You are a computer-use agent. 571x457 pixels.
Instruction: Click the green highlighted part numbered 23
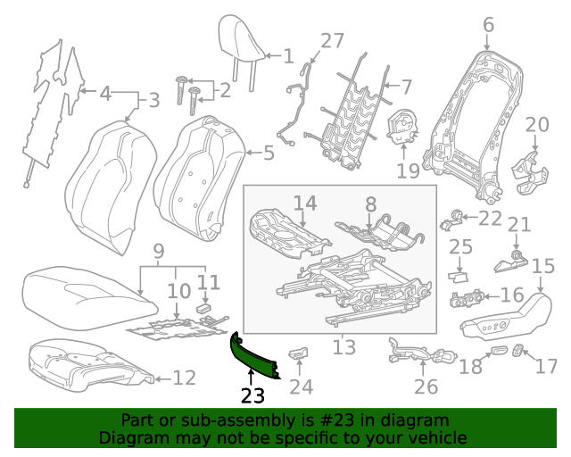click(x=253, y=357)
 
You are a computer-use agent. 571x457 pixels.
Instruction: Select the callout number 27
click(x=332, y=40)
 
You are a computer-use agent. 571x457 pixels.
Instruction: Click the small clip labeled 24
click(x=298, y=354)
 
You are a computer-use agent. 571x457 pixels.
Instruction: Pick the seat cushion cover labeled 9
click(x=80, y=290)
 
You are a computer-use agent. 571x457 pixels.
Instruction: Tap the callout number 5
click(x=269, y=154)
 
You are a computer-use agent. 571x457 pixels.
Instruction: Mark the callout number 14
click(x=304, y=204)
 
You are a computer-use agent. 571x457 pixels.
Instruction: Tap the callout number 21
click(x=518, y=224)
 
